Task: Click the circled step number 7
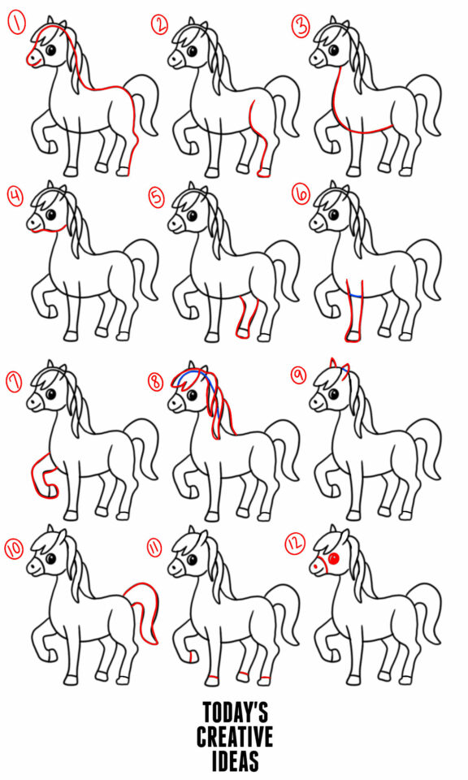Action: point(15,379)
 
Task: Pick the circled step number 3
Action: point(301,26)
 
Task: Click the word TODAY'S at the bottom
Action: point(235,713)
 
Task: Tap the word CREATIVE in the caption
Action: point(235,737)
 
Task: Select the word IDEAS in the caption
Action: point(235,761)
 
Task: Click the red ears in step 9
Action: point(339,369)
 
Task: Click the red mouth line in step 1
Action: point(34,63)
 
